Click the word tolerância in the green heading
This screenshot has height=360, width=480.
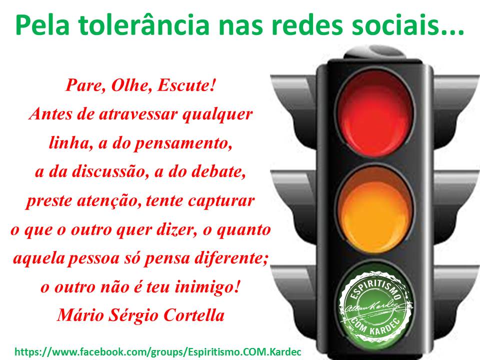(x=143, y=25)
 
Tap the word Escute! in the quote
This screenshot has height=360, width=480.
(x=186, y=85)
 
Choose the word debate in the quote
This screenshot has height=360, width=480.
(x=218, y=171)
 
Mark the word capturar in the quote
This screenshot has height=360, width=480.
(x=221, y=201)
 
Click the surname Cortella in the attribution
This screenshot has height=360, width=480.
(x=194, y=315)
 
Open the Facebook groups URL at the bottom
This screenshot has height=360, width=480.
(x=157, y=351)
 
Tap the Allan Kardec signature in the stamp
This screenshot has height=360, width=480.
(x=372, y=307)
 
